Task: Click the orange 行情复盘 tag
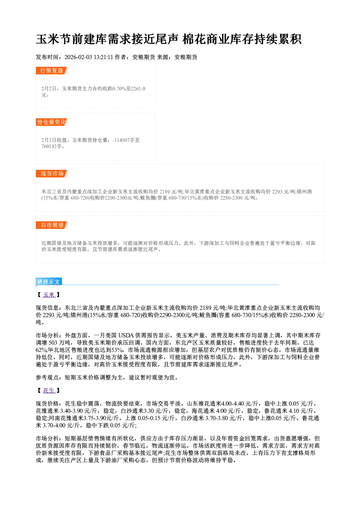click(52, 70)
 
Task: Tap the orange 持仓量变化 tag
click(52, 122)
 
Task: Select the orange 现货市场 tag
click(52, 174)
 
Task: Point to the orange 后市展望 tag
click(52, 225)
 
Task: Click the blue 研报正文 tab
click(49, 282)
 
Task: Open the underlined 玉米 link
click(49, 295)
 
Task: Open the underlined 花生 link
click(49, 391)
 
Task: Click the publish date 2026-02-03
click(78, 57)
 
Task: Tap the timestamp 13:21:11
click(103, 57)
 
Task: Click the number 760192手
click(52, 146)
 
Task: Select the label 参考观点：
click(50, 378)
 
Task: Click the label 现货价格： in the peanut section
click(50, 404)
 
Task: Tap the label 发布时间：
click(50, 57)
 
